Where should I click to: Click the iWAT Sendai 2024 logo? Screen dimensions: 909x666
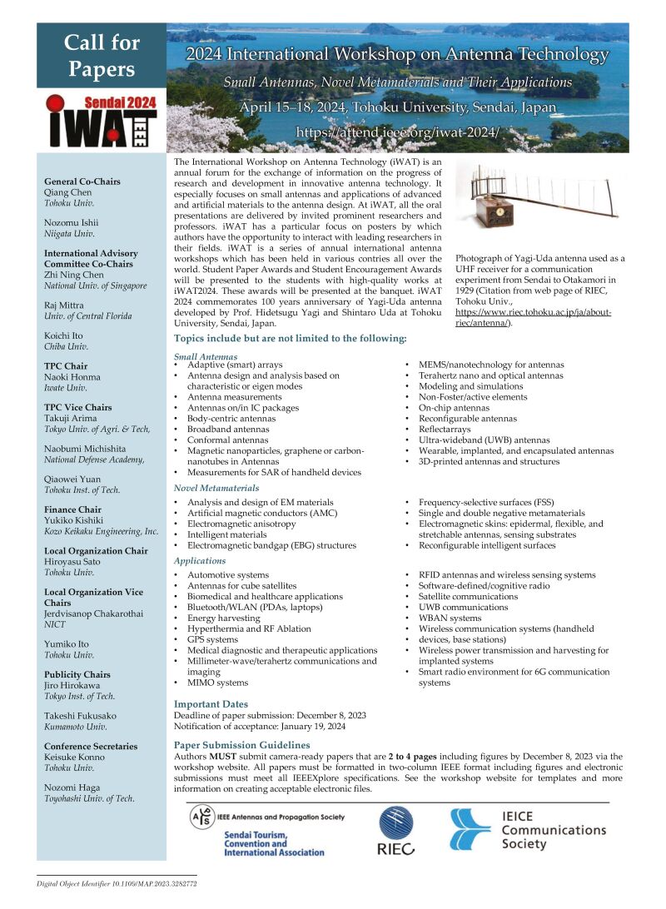[x=101, y=122]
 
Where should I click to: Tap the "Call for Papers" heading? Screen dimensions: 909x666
[x=102, y=55]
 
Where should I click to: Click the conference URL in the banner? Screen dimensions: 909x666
[x=398, y=132]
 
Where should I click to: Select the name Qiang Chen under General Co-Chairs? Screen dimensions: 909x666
[x=70, y=191]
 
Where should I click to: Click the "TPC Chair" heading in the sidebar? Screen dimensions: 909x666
[x=66, y=366]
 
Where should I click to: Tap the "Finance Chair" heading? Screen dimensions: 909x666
[x=72, y=509]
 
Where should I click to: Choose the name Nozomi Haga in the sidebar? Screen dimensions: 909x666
[x=72, y=787]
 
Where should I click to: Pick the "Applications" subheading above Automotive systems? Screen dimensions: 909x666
[x=200, y=561]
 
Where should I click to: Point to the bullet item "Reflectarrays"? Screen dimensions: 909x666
[x=445, y=430]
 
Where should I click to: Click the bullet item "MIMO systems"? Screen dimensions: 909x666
[x=217, y=683]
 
